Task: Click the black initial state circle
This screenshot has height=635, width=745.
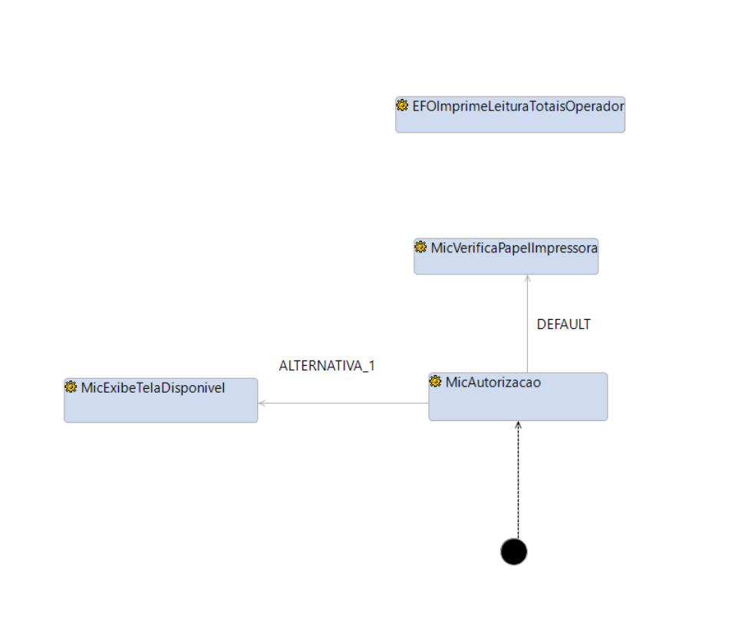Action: coord(513,551)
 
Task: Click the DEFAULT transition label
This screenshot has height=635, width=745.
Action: coord(563,324)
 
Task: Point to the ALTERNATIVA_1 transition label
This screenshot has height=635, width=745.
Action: coord(327,366)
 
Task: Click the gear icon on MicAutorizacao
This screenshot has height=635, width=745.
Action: coord(436,382)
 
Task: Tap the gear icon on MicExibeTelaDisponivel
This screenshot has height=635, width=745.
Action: coord(71,387)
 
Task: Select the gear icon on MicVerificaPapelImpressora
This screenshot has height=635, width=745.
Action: coord(420,247)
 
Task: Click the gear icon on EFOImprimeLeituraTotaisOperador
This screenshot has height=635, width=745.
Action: coord(402,106)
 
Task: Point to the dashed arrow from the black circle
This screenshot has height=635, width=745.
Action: coord(518,483)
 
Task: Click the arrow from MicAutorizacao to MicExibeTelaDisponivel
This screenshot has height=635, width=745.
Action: coord(345,403)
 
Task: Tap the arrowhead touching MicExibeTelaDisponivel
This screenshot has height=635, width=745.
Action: coord(262,403)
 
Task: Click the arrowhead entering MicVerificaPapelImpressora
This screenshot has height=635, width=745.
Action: coord(527,278)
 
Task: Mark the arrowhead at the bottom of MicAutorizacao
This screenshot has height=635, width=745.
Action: coord(518,425)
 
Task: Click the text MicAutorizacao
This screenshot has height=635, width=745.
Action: coord(493,382)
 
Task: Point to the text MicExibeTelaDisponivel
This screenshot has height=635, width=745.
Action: coord(153,387)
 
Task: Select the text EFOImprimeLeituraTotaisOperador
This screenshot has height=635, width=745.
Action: coord(518,106)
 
